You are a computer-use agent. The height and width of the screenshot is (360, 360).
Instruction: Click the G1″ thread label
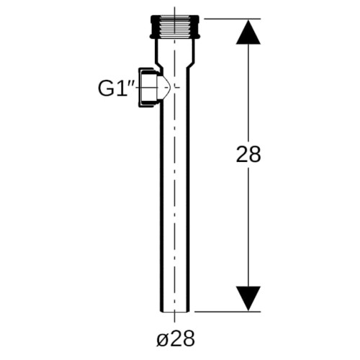click(x=116, y=89)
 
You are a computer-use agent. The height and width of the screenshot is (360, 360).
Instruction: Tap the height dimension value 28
click(x=248, y=154)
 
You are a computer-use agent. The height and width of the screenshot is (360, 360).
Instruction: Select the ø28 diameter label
click(x=176, y=338)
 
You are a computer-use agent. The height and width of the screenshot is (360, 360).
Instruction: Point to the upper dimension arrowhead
click(x=248, y=32)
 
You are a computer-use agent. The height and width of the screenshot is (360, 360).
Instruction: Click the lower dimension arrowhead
click(x=248, y=298)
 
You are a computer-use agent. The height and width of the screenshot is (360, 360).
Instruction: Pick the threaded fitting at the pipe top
click(x=174, y=27)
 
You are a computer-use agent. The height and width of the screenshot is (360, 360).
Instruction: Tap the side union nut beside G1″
click(x=148, y=87)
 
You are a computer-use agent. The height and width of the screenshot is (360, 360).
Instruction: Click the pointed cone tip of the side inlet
click(x=170, y=87)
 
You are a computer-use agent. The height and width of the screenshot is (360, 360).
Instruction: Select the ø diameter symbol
click(x=161, y=340)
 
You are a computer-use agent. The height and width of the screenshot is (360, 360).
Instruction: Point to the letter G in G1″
click(x=105, y=89)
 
